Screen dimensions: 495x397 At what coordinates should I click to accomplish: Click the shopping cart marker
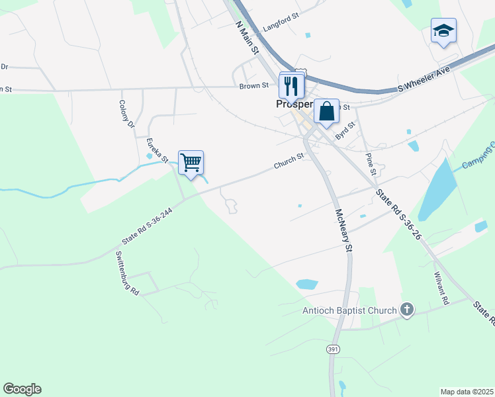191,163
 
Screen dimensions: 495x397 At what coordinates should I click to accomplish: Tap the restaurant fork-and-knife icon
291,85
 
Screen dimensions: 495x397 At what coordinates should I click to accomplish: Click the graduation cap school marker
443,30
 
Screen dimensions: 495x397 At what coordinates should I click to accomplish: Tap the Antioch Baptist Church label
349,310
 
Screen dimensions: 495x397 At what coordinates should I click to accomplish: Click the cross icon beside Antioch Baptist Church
407,310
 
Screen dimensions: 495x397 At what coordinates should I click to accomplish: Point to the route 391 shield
332,349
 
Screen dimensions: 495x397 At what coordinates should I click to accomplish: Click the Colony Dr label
126,114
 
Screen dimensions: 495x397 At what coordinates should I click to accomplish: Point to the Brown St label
254,85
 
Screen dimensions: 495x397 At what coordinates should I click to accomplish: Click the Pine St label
371,164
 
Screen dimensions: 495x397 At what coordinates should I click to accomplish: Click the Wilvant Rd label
441,288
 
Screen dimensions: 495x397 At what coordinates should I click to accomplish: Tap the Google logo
22,389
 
